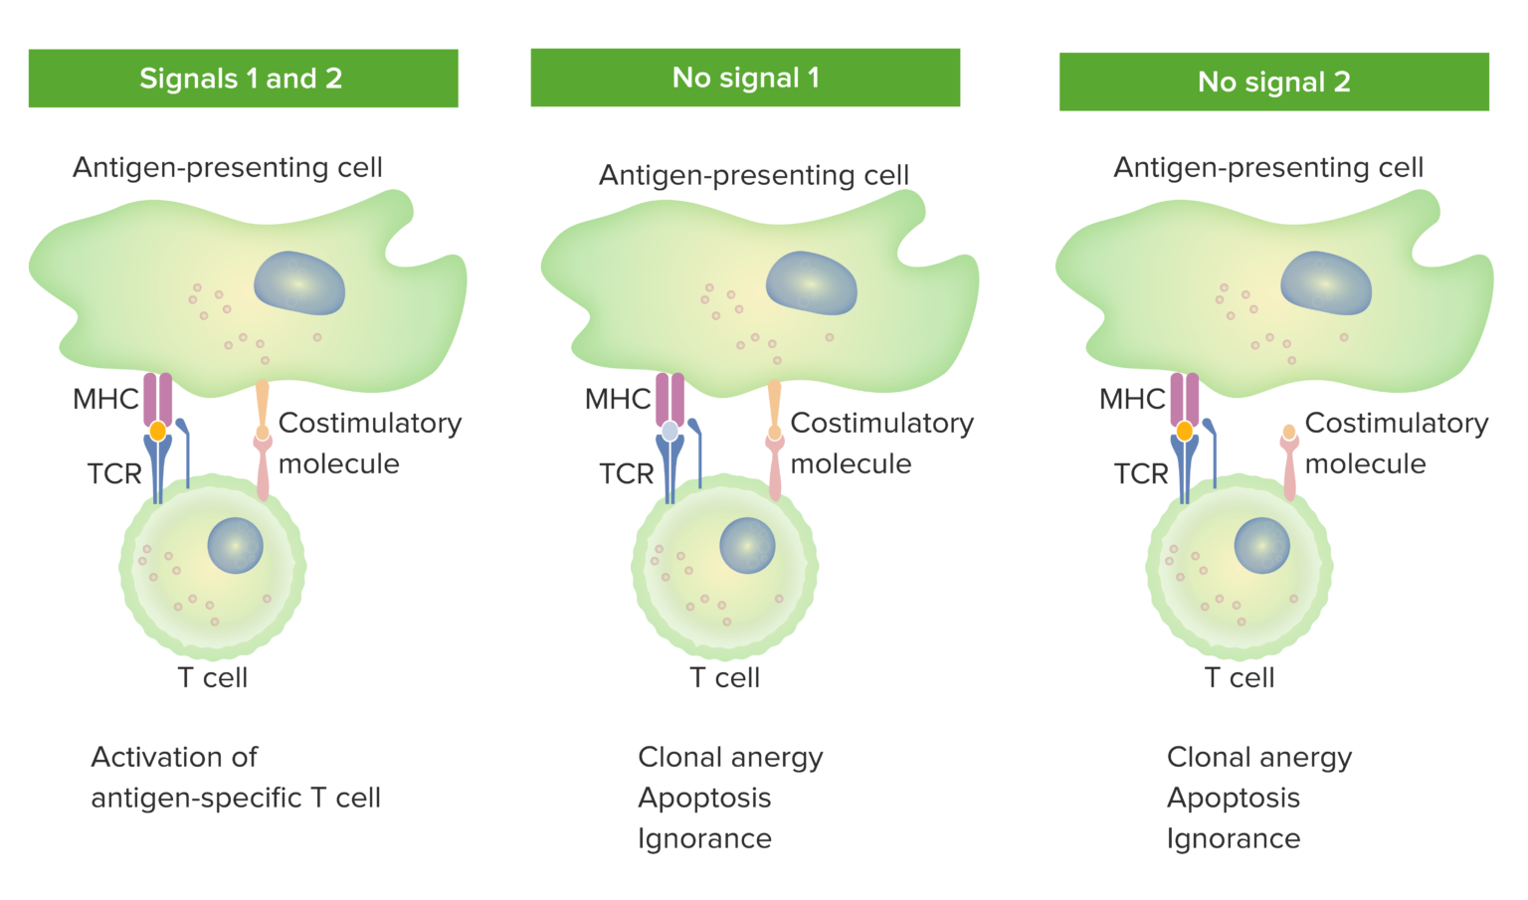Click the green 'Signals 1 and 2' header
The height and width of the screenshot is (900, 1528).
click(243, 79)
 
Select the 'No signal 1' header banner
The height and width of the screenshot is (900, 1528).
click(745, 78)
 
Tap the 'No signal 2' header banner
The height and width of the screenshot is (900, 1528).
click(1273, 82)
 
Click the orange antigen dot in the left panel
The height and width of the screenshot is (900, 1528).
click(157, 432)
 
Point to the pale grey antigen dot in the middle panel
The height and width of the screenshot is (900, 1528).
click(669, 432)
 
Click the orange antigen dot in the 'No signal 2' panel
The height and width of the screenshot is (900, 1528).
click(1184, 432)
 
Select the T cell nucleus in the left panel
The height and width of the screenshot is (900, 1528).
click(236, 546)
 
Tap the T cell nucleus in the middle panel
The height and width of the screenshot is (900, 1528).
click(747, 546)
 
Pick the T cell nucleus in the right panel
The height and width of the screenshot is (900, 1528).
click(1261, 546)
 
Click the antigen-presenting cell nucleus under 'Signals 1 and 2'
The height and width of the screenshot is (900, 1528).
click(299, 283)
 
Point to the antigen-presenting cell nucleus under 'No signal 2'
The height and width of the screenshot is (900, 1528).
click(1326, 283)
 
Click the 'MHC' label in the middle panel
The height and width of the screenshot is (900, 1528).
click(617, 399)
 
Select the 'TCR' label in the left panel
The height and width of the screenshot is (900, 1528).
click(114, 473)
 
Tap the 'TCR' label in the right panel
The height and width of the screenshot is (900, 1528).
click(1141, 473)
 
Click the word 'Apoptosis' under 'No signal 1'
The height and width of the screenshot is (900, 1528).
click(704, 798)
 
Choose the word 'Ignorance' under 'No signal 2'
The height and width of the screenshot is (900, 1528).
click(1233, 838)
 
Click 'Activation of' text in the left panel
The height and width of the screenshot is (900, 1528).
click(174, 757)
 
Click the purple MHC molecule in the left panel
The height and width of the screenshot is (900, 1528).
click(158, 397)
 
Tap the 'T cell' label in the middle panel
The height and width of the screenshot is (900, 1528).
click(724, 677)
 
